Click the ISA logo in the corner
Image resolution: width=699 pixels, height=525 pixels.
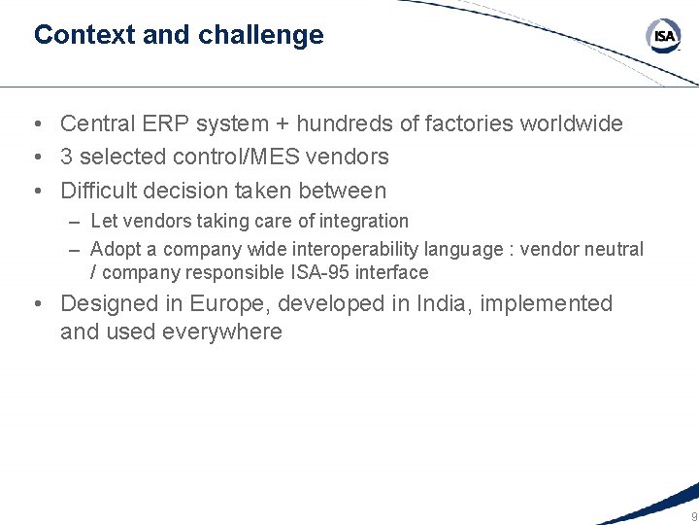point(664,36)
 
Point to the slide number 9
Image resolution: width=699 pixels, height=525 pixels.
point(693,516)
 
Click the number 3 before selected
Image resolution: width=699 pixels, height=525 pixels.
point(66,157)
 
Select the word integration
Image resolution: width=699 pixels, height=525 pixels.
point(366,222)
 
